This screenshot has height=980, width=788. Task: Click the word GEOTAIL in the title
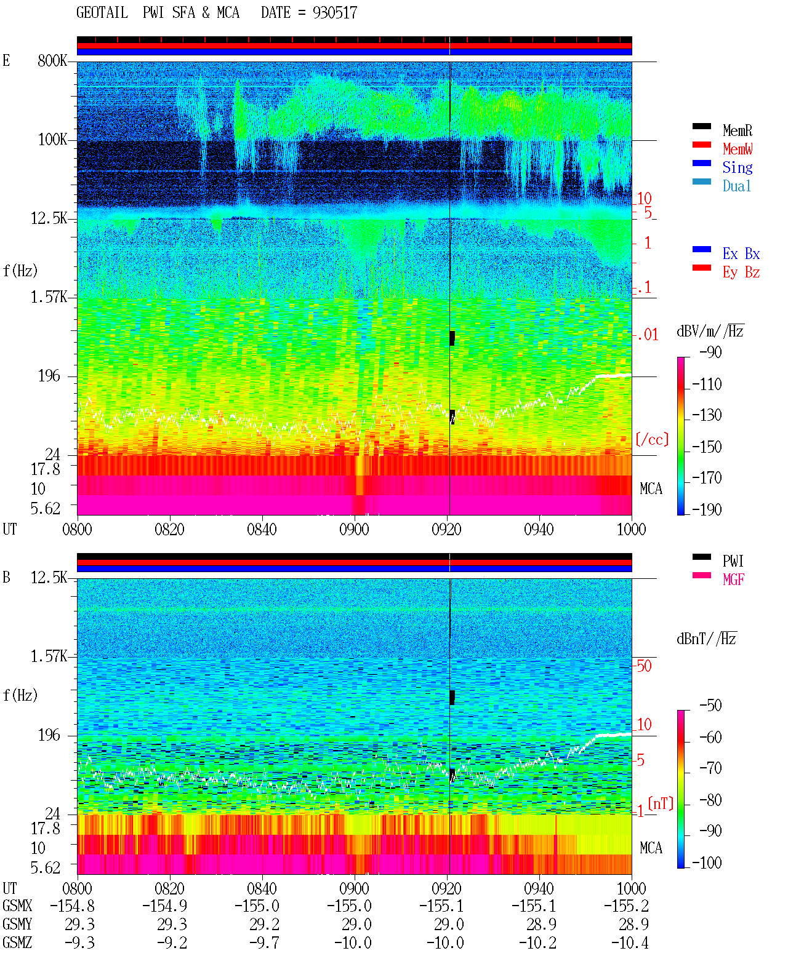click(x=102, y=13)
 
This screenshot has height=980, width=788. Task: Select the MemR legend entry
click(x=737, y=130)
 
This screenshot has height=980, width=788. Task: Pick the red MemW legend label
click(x=738, y=149)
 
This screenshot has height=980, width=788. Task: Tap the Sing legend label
click(x=738, y=167)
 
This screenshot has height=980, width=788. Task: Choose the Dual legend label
click(x=737, y=186)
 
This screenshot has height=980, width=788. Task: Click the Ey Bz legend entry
click(x=741, y=273)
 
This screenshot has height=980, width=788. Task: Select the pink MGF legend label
click(x=733, y=580)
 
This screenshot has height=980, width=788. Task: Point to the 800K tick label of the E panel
click(x=52, y=60)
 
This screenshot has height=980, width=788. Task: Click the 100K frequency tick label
click(x=52, y=140)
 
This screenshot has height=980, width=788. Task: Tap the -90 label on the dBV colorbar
click(x=710, y=353)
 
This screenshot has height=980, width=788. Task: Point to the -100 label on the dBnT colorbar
click(x=707, y=862)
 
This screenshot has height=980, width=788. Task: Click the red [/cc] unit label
click(x=652, y=439)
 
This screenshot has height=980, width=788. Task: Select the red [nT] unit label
click(x=661, y=804)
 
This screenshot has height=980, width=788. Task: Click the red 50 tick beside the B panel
click(x=644, y=666)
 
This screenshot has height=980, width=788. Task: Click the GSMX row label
click(x=17, y=906)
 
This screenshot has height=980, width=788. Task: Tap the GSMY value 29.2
click(x=264, y=925)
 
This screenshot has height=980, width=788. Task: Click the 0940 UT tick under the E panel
click(x=539, y=530)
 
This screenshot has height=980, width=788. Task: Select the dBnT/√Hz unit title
click(x=707, y=639)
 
